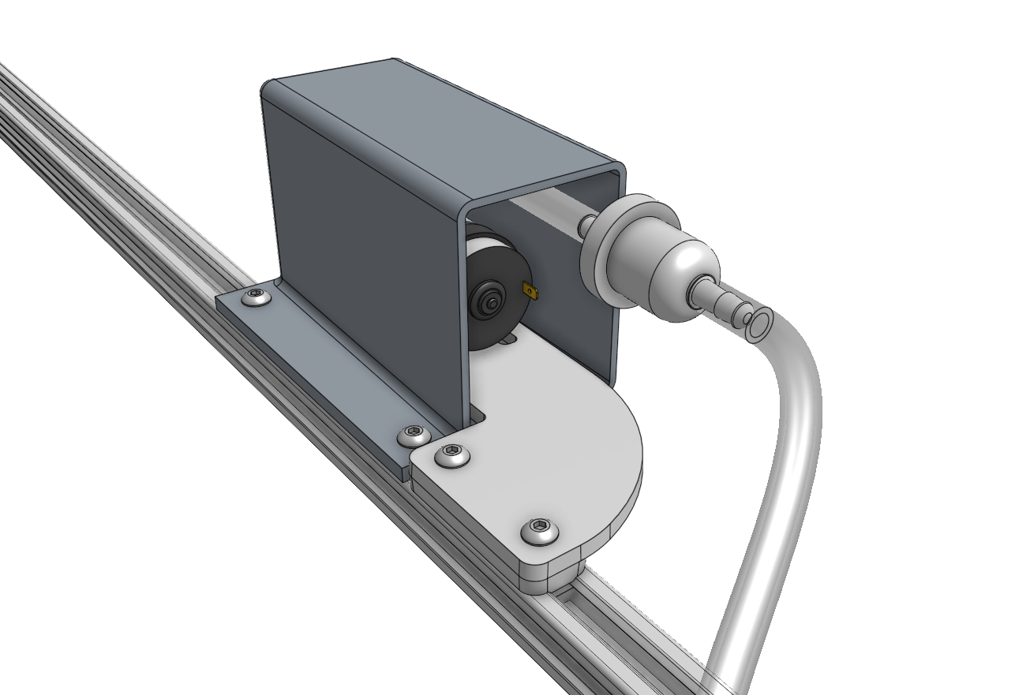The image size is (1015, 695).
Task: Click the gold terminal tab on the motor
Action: pos(530,292)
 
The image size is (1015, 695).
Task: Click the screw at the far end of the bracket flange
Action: pos(256,297)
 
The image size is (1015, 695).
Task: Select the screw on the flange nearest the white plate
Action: pos(414,434)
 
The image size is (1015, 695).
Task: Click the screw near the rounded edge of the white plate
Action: pos(540,531)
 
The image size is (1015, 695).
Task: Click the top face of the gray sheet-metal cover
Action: pos(442,118)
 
